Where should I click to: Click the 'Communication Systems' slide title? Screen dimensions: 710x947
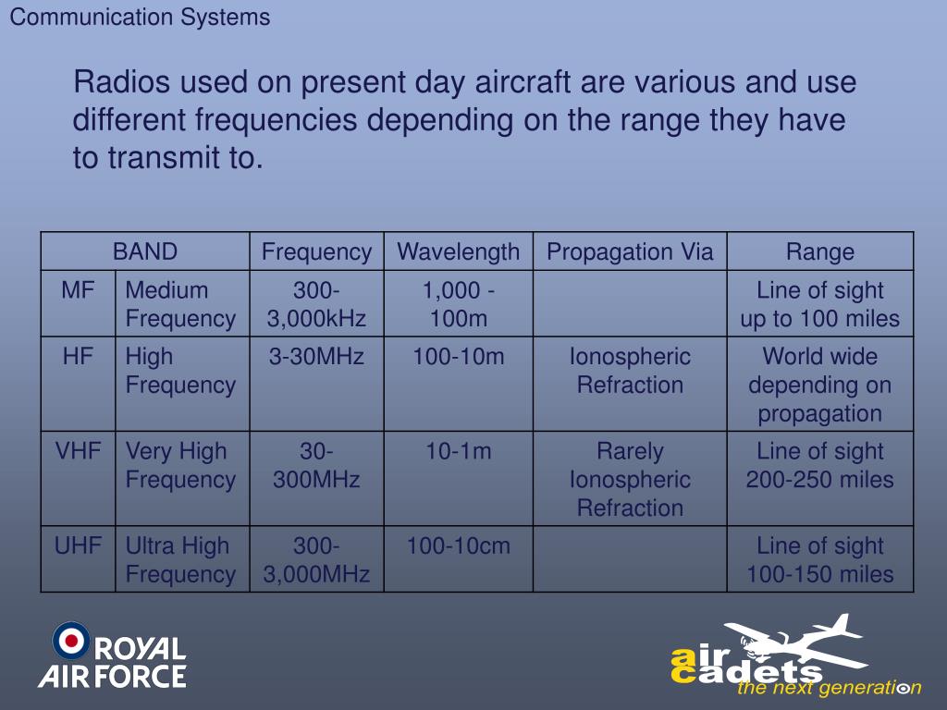pyautogui.click(x=140, y=18)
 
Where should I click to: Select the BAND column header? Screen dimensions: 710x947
pyautogui.click(x=145, y=251)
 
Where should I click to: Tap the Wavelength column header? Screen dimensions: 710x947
pyautogui.click(x=458, y=251)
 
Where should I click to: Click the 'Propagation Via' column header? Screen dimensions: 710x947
pyautogui.click(x=630, y=251)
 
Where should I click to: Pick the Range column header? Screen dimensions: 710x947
pyautogui.click(x=820, y=251)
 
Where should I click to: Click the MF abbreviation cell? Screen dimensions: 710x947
pyautogui.click(x=79, y=290)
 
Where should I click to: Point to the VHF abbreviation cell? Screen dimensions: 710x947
pyautogui.click(x=79, y=452)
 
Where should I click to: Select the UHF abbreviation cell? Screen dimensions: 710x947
pyautogui.click(x=79, y=546)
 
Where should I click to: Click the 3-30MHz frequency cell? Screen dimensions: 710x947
pyautogui.click(x=316, y=357)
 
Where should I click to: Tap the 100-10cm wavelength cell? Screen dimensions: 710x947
pyautogui.click(x=458, y=546)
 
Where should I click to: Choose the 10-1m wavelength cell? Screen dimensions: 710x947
pyautogui.click(x=458, y=452)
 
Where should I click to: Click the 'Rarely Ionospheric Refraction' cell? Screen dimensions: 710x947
pyautogui.click(x=630, y=479)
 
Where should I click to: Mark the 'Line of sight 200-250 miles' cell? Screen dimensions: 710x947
pyautogui.click(x=820, y=465)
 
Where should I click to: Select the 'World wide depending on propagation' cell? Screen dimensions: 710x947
pyautogui.click(x=820, y=385)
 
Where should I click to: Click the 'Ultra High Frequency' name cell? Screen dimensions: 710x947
pyautogui.click(x=180, y=559)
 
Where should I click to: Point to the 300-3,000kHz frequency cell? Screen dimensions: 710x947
pyautogui.click(x=316, y=304)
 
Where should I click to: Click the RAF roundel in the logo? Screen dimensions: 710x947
pyautogui.click(x=71, y=640)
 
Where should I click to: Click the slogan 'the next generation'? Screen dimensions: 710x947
pyautogui.click(x=828, y=688)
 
